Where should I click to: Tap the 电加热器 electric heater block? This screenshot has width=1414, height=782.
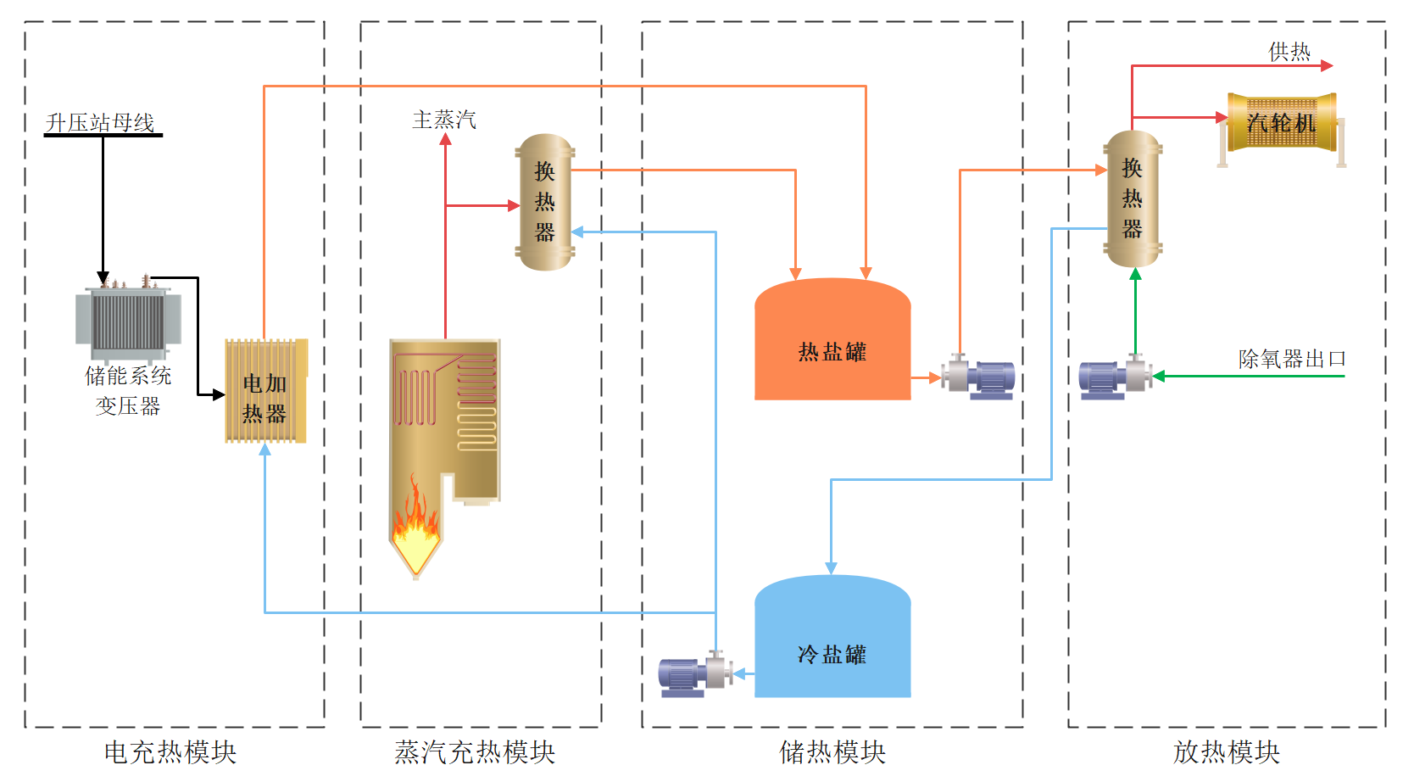pyautogui.click(x=265, y=391)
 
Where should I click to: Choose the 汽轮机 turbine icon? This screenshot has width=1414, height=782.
pyautogui.click(x=1282, y=124)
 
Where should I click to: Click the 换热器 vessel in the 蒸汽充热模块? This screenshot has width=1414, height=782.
pyautogui.click(x=545, y=202)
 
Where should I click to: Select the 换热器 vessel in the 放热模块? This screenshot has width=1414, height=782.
pyautogui.click(x=1133, y=199)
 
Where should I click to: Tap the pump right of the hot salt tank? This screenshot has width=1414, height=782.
pyautogui.click(x=980, y=377)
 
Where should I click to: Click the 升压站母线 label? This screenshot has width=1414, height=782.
pyautogui.click(x=100, y=123)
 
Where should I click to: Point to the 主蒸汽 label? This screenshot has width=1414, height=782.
pyautogui.click(x=444, y=120)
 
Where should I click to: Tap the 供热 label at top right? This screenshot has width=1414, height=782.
pyautogui.click(x=1289, y=53)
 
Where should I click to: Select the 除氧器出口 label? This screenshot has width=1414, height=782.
pyautogui.click(x=1292, y=359)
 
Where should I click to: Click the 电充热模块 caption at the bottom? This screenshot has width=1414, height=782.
pyautogui.click(x=170, y=752)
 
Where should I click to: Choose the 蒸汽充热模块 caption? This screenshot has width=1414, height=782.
pyautogui.click(x=475, y=752)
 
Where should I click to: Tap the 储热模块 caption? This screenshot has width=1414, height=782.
pyautogui.click(x=832, y=752)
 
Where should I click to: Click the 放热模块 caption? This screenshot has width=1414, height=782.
pyautogui.click(x=1226, y=752)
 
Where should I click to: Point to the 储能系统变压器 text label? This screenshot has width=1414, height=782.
pyautogui.click(x=128, y=390)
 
